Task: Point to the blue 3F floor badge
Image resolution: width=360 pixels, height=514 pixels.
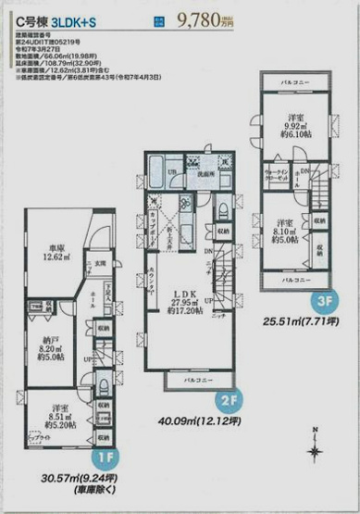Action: [x=324, y=298]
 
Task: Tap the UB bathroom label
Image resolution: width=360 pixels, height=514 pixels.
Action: [x=173, y=172]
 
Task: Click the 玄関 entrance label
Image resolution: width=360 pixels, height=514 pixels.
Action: [x=102, y=263]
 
